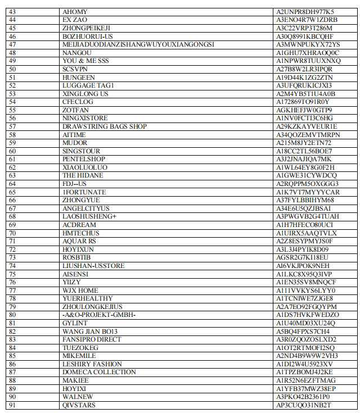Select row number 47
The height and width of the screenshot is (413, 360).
coord(13,44)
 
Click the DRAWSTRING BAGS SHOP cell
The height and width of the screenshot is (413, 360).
coord(105,126)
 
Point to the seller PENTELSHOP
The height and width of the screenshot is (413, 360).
coord(84,159)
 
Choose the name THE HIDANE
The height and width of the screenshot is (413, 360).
coord(83,175)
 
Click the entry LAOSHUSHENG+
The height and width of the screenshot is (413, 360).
coord(89,216)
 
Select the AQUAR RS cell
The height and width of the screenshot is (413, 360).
coord(79,241)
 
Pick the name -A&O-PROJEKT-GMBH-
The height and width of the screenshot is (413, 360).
coord(99,315)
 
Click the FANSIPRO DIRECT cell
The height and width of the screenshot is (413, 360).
coord(92,339)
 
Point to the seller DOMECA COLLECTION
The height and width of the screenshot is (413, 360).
coord(99,372)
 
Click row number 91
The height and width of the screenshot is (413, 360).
coord(13,405)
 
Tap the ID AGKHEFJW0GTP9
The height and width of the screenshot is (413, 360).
coord(304,110)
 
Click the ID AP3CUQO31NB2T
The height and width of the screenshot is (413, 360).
coord(304,405)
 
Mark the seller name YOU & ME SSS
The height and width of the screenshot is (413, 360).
coord(85,61)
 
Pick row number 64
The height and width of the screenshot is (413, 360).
coord(13,184)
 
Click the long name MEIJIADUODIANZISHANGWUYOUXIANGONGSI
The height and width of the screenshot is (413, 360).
coord(138,44)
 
